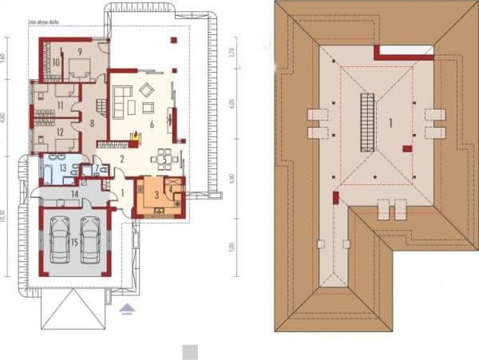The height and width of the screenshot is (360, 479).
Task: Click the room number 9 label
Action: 81,50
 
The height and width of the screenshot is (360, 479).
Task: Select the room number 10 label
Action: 57,61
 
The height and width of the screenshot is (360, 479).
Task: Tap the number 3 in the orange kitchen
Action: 157,194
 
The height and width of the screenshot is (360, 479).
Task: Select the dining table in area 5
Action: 163,158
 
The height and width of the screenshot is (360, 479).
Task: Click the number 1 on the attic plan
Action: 390,123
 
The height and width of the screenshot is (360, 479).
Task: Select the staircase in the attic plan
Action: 368,121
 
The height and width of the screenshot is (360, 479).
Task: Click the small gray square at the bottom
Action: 189,351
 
